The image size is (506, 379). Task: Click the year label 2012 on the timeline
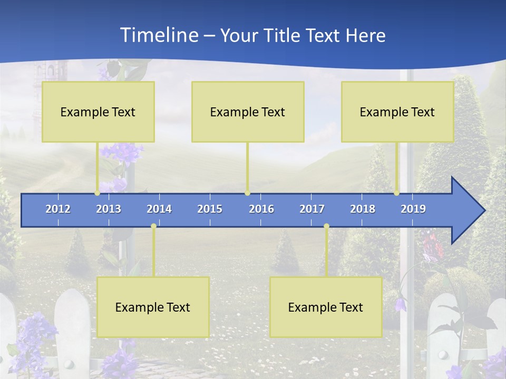click(58, 209)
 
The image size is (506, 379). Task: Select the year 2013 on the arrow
click(109, 209)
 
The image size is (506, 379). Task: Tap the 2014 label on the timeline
click(159, 209)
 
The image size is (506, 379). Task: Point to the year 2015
click(210, 209)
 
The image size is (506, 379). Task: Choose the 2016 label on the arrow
click(261, 209)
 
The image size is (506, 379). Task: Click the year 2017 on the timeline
click(312, 209)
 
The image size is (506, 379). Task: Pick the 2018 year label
click(363, 209)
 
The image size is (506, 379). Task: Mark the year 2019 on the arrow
click(413, 209)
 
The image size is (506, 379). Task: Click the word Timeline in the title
click(158, 35)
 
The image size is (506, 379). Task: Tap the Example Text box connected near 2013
click(98, 112)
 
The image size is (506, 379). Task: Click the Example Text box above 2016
click(248, 112)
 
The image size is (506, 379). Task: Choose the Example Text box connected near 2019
click(397, 112)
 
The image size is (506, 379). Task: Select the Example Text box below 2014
click(153, 307)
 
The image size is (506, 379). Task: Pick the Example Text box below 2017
click(326, 307)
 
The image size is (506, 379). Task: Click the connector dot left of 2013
click(97, 193)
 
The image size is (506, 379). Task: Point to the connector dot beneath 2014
click(153, 226)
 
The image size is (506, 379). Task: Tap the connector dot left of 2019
click(396, 193)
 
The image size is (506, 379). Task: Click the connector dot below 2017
click(326, 226)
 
